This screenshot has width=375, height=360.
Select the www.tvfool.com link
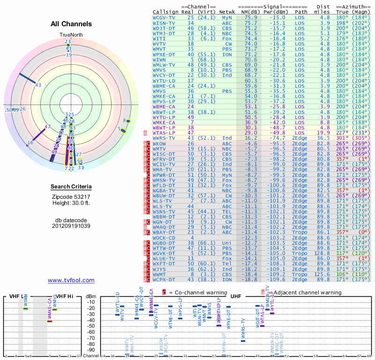point(71,280)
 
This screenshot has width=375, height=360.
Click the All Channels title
point(71,24)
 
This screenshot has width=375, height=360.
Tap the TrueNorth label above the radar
point(71,35)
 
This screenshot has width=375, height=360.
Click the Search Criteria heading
point(71,187)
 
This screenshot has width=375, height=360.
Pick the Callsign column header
point(165,12)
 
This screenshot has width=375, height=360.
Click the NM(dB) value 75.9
point(250,17)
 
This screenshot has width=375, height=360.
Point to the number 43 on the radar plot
point(38,85)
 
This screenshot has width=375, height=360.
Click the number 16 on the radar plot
point(30,142)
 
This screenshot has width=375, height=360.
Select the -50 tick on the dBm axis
point(91,326)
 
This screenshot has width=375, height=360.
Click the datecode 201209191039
point(71,225)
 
